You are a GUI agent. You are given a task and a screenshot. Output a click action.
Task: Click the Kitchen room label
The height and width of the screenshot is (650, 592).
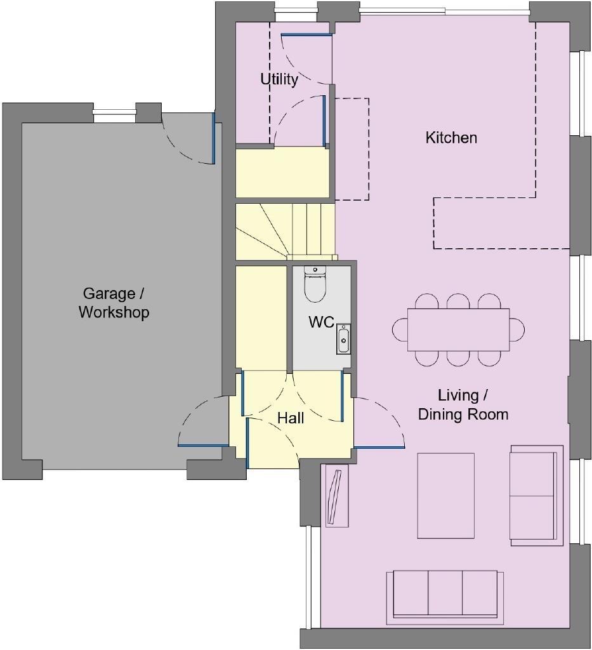click(x=451, y=138)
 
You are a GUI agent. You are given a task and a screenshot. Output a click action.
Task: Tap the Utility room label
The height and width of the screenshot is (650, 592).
click(x=279, y=79)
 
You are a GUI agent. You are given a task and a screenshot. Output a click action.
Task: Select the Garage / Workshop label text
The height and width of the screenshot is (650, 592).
click(x=114, y=303)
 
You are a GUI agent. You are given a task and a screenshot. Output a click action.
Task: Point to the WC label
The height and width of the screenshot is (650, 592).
click(x=321, y=322)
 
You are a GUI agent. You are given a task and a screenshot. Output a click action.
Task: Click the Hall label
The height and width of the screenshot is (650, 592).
click(x=291, y=418)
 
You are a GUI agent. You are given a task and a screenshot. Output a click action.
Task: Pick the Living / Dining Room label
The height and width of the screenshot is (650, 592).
click(x=463, y=405)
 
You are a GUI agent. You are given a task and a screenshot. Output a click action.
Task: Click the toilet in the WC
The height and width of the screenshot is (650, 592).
click(x=315, y=284)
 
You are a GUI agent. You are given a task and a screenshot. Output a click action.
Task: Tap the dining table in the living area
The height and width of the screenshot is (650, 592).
click(x=458, y=329)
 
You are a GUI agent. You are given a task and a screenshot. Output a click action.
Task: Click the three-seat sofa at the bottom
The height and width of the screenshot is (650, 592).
click(x=445, y=594)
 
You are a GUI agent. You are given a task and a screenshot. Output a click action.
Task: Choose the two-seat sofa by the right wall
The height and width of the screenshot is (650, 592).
click(x=536, y=495)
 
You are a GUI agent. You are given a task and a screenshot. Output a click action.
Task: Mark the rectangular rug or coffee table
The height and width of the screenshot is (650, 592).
click(x=445, y=495)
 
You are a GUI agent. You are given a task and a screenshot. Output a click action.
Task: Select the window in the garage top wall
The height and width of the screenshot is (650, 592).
click(x=114, y=114)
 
